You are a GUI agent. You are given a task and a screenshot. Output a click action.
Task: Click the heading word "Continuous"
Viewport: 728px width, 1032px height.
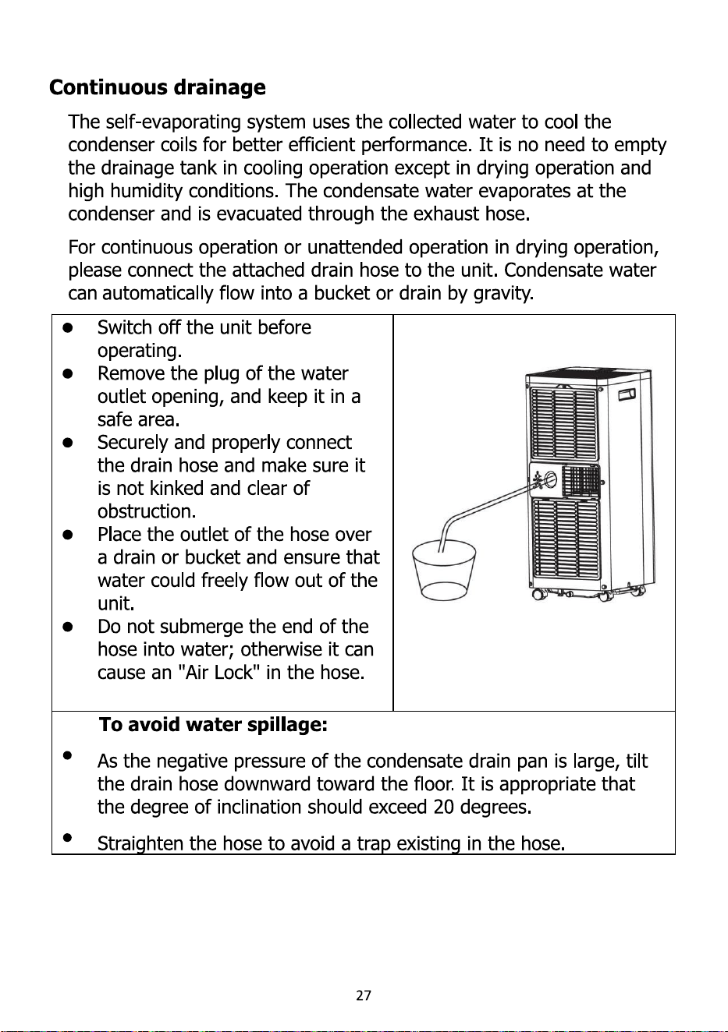click(108, 87)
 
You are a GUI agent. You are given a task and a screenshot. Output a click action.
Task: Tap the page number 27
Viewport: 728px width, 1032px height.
click(364, 996)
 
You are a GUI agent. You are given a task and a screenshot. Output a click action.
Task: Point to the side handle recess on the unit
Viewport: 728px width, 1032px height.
click(627, 394)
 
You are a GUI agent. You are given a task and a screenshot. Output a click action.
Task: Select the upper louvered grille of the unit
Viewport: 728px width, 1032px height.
click(563, 425)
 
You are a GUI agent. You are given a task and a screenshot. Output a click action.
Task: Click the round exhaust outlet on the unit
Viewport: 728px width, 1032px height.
click(550, 480)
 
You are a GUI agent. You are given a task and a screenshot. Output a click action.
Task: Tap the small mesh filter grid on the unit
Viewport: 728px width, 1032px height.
click(581, 479)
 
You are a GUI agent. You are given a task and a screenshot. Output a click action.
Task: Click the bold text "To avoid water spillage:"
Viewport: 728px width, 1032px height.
click(213, 726)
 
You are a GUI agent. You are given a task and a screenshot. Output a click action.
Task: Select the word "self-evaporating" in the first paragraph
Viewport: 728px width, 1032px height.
click(173, 122)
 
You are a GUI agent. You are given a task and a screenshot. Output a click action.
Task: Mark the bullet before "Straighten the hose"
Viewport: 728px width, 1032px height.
click(67, 836)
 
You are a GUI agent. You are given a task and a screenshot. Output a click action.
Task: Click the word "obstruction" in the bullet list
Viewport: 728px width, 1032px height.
click(144, 511)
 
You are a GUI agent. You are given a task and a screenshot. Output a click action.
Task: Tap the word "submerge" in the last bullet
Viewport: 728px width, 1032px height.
click(197, 627)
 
